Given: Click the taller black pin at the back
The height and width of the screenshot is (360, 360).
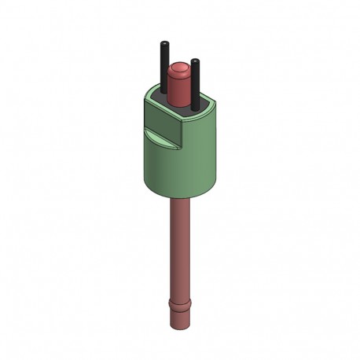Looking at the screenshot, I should coord(163,67).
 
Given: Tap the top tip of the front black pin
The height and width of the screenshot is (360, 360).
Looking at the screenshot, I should coord(195,63).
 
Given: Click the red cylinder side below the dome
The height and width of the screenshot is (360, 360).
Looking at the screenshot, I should coord(179,90).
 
